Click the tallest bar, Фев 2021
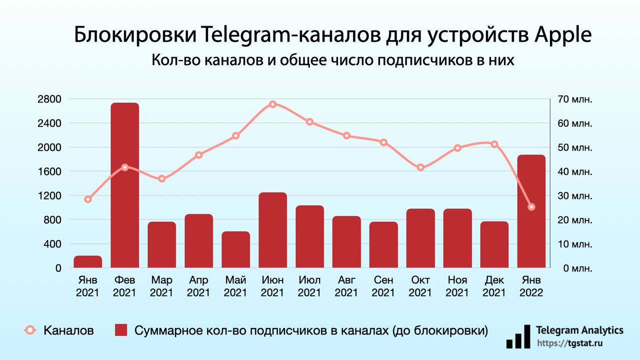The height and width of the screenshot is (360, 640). (x=124, y=185)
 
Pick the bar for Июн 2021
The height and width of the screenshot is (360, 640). (x=272, y=230)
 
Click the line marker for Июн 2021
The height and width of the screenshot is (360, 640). (x=272, y=104)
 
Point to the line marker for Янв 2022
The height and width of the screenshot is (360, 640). (x=531, y=207)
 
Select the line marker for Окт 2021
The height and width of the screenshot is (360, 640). (x=420, y=167)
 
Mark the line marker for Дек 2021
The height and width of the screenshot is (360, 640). (x=494, y=144)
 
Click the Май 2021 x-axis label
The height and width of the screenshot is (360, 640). (x=235, y=286)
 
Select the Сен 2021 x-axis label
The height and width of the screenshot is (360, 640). (x=383, y=286)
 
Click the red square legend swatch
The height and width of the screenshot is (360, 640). (x=121, y=330)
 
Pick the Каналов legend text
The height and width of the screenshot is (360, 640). (x=68, y=330)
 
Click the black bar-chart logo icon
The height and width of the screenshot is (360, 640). (x=517, y=336)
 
